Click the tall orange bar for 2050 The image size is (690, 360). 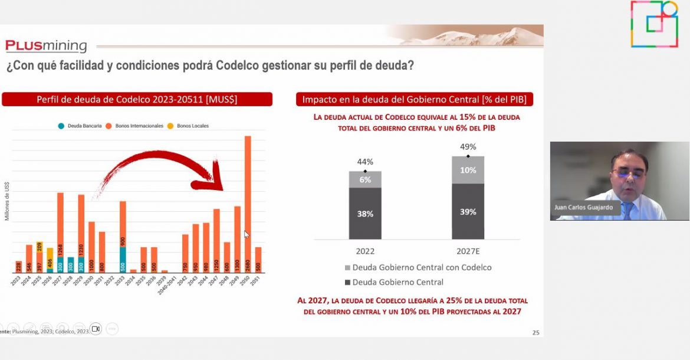coord(248,204)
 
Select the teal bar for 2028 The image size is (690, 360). coord(71,265)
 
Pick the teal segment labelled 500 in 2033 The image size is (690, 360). coord(123,260)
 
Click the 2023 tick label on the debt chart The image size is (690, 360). coord(16,282)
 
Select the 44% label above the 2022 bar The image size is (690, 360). coord(365,162)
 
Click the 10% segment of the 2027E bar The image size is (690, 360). coord(468,170)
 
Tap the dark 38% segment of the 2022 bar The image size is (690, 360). coord(365,214)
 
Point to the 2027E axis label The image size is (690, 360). coord(468,250)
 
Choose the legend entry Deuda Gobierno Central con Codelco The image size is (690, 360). coord(418,267)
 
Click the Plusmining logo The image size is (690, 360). coord(46,46)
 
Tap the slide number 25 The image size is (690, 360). coord(535,333)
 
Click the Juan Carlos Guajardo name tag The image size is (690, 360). coord(584,208)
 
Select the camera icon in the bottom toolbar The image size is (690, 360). coord(96,329)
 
